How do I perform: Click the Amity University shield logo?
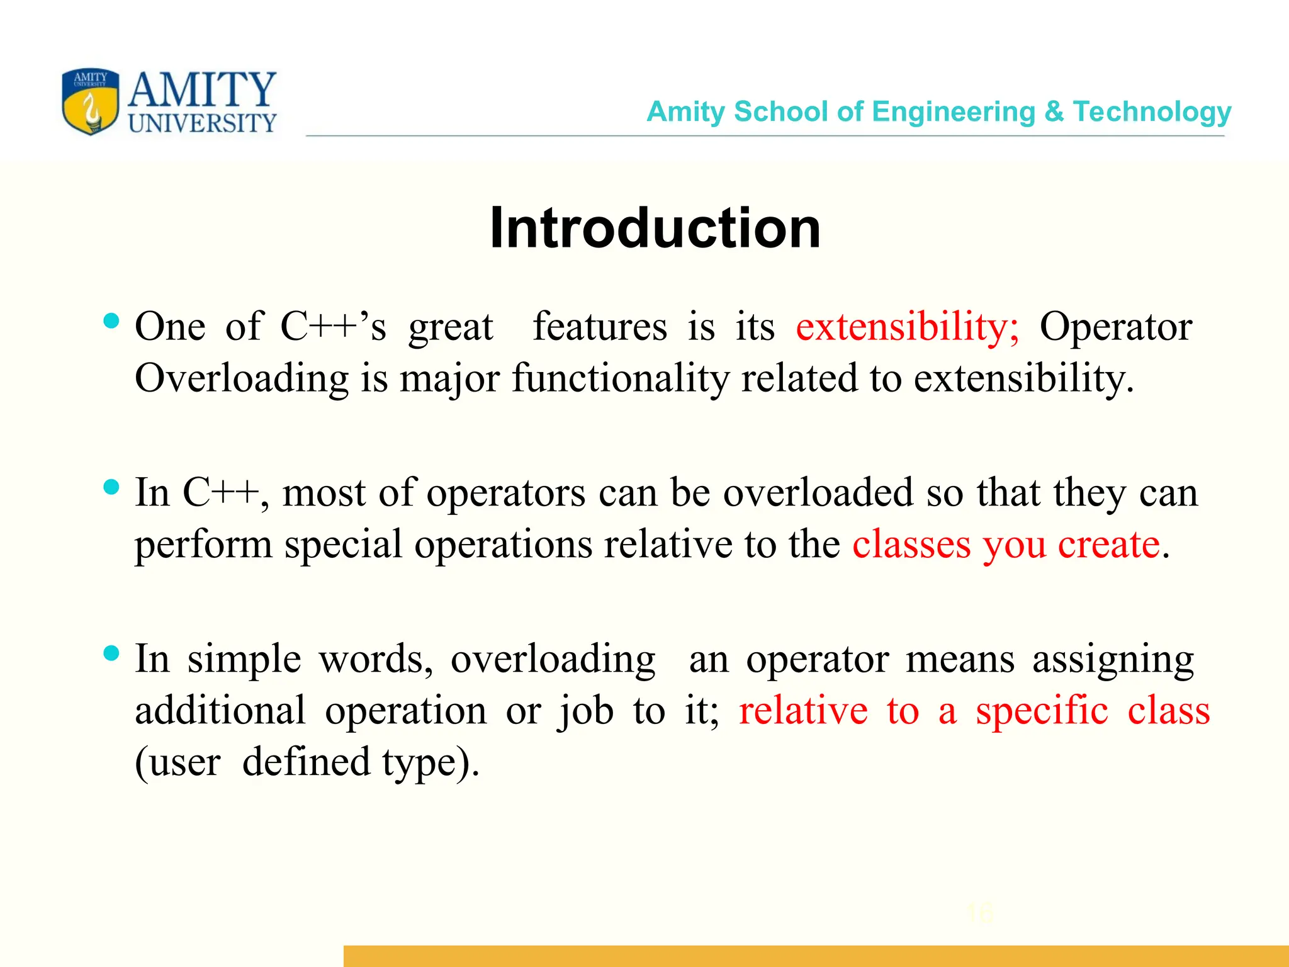click(x=91, y=102)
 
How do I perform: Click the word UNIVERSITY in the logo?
click(x=202, y=123)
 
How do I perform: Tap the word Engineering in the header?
click(x=954, y=112)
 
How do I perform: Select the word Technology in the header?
click(x=1152, y=112)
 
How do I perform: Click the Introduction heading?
click(x=655, y=228)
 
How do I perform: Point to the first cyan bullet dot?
click(x=111, y=321)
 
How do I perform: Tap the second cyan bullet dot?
click(x=111, y=487)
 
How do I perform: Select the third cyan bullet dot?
click(x=111, y=653)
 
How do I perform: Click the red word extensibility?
click(x=907, y=327)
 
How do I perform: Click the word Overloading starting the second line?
click(x=242, y=379)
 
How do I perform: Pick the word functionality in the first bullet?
click(x=621, y=379)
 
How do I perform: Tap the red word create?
click(x=1108, y=545)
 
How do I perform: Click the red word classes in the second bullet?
click(x=911, y=545)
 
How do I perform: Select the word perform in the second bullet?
click(x=203, y=545)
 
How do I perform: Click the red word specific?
click(x=1042, y=711)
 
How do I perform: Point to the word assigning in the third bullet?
click(x=1113, y=660)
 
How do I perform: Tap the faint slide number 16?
click(x=979, y=913)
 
